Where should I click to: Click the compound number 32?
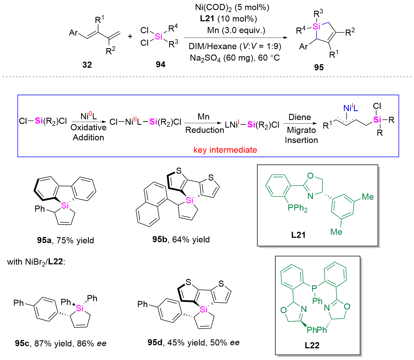[x=87, y=65]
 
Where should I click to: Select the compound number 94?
[x=160, y=64]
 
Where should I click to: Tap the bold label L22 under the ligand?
[x=312, y=345]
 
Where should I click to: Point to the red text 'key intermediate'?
[x=225, y=150]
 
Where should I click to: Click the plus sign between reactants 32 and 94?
[x=130, y=36]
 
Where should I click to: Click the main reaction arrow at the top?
[x=236, y=38]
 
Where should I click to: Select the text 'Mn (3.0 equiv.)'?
[x=236, y=30]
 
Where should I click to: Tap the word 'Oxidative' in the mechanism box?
[x=89, y=128]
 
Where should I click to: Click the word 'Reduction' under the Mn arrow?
[x=205, y=130]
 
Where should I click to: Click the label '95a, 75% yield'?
[x=65, y=240]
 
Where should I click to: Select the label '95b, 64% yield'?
[x=181, y=239]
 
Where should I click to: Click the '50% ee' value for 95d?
[x=225, y=342]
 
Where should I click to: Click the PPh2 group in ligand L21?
[x=297, y=208]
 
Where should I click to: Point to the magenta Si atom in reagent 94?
[x=158, y=37]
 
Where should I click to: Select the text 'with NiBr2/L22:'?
[x=36, y=262]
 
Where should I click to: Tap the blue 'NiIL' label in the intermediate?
[x=351, y=108]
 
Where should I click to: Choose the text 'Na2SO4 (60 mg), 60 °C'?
[x=235, y=58]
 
